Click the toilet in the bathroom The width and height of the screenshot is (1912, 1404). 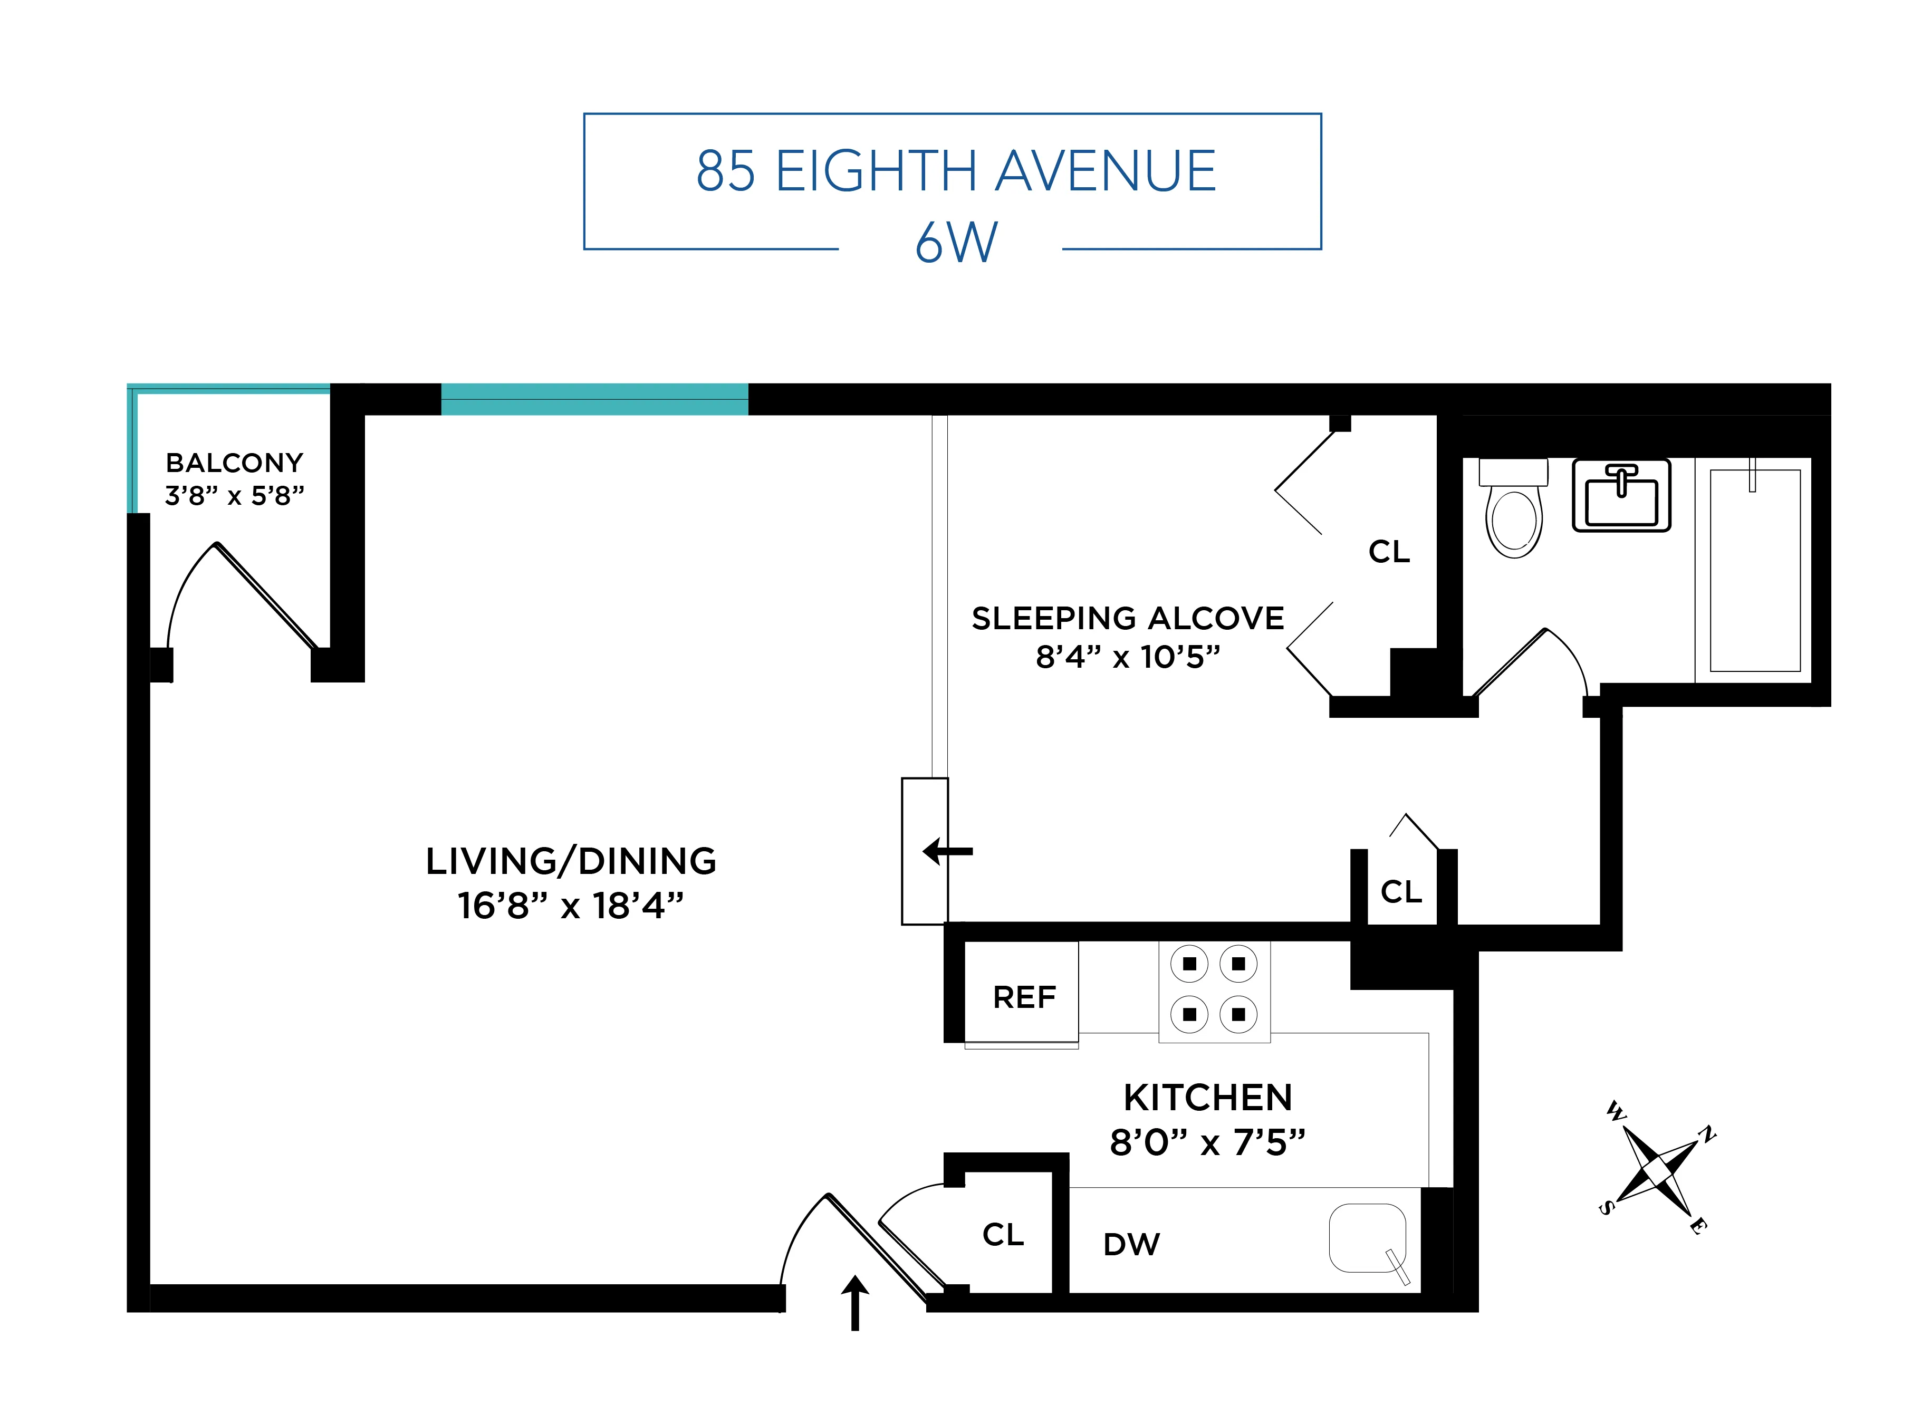(x=1513, y=511)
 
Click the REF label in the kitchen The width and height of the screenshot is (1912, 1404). (x=1024, y=997)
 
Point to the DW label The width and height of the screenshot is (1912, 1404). (x=1131, y=1244)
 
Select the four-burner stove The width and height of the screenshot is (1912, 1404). (x=1214, y=989)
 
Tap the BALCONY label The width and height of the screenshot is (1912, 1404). (x=235, y=463)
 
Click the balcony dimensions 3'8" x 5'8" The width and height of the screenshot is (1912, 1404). (x=235, y=495)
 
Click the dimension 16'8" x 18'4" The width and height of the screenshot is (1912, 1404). (x=571, y=906)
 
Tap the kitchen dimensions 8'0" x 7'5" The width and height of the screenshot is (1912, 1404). (x=1207, y=1142)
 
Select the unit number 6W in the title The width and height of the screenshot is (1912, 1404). (x=956, y=243)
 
